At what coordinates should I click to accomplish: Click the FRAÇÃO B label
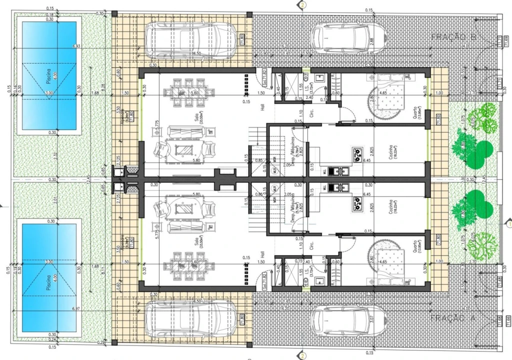[x=454, y=37]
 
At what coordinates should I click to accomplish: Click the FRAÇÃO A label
[x=454, y=317]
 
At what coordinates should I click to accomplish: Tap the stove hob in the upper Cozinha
[x=358, y=155]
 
